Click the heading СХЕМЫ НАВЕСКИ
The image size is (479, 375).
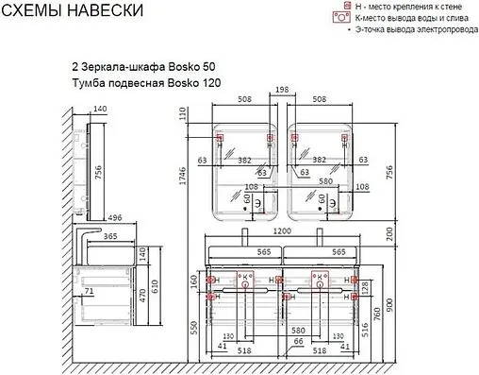pyautogui.click(x=74, y=11)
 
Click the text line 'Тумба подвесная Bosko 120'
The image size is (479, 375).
pyautogui.click(x=140, y=83)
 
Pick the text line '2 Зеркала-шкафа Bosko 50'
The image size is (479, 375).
pyautogui.click(x=138, y=68)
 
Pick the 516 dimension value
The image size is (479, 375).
pyautogui.click(x=365, y=327)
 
